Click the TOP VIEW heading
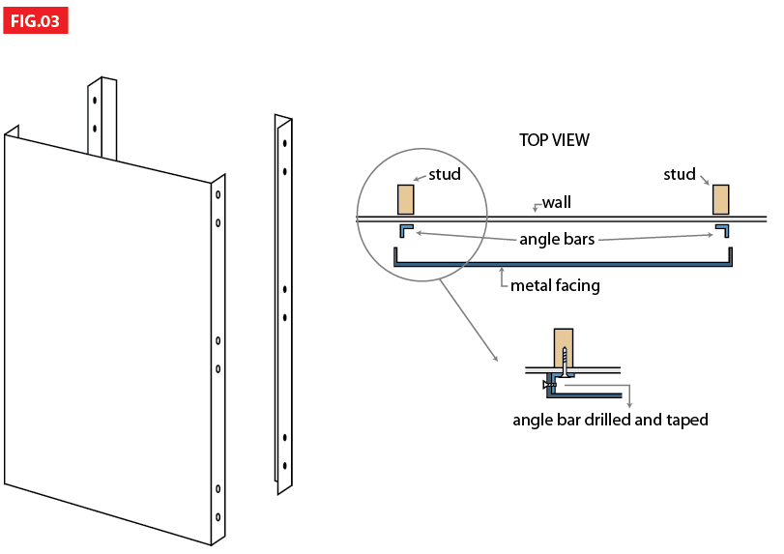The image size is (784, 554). [x=554, y=140]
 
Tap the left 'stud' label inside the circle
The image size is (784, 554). [x=444, y=175]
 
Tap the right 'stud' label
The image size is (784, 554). [x=679, y=175]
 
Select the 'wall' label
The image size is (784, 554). [x=556, y=202]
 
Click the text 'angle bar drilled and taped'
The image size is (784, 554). [x=610, y=420]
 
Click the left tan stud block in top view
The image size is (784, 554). [x=405, y=199]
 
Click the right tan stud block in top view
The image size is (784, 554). [x=720, y=199]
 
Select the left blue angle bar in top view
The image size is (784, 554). [x=404, y=229]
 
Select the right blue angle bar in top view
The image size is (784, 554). [x=722, y=229]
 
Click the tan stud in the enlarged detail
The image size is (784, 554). [x=564, y=346]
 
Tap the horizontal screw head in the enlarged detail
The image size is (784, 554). [x=547, y=385]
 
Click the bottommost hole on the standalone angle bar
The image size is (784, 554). [x=284, y=467]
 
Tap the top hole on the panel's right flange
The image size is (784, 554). [x=218, y=194]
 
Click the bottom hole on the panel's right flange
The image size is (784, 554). [x=218, y=516]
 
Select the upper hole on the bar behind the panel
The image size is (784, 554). [x=95, y=100]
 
